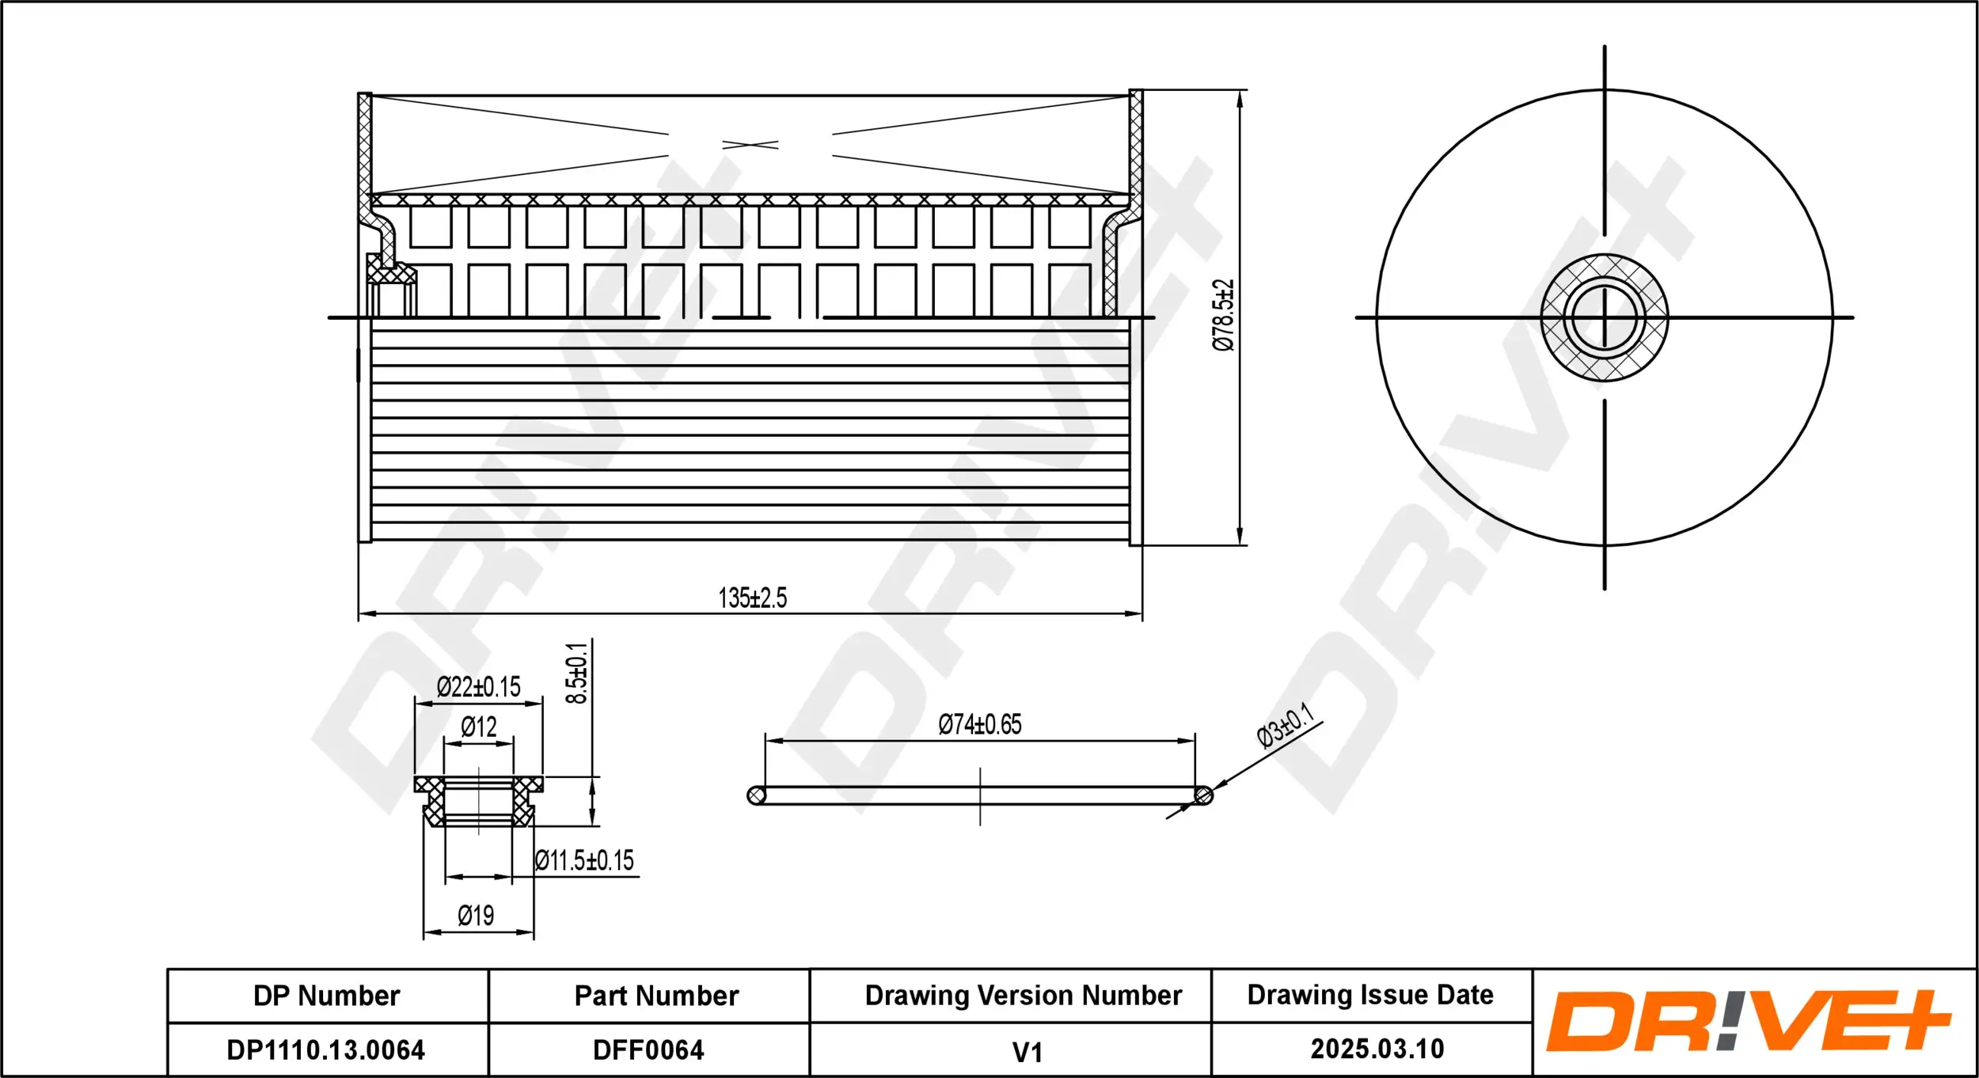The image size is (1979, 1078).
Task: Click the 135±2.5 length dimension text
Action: (752, 598)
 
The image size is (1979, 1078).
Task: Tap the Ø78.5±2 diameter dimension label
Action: (1223, 314)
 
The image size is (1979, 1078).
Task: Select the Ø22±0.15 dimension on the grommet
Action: (478, 686)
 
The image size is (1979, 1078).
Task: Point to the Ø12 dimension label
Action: (478, 727)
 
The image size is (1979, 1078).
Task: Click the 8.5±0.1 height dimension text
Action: (577, 673)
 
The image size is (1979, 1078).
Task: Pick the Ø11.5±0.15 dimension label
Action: (584, 860)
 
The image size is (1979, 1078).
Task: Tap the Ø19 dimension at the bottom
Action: (476, 916)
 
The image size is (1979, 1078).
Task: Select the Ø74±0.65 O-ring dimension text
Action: (979, 724)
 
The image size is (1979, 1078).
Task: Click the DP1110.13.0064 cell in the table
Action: (326, 1050)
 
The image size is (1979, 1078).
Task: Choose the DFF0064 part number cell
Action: (648, 1050)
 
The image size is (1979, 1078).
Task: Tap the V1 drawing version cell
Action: (1027, 1052)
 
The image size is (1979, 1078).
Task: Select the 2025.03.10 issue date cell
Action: (1377, 1049)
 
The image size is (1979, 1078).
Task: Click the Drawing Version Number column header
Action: (1023, 995)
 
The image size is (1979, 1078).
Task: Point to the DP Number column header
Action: (326, 995)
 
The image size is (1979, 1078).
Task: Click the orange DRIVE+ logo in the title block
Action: (1748, 1021)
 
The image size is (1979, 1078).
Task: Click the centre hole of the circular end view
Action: (1605, 317)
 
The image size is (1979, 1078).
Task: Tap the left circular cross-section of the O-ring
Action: (756, 795)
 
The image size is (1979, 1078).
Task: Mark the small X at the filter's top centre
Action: (750, 145)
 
